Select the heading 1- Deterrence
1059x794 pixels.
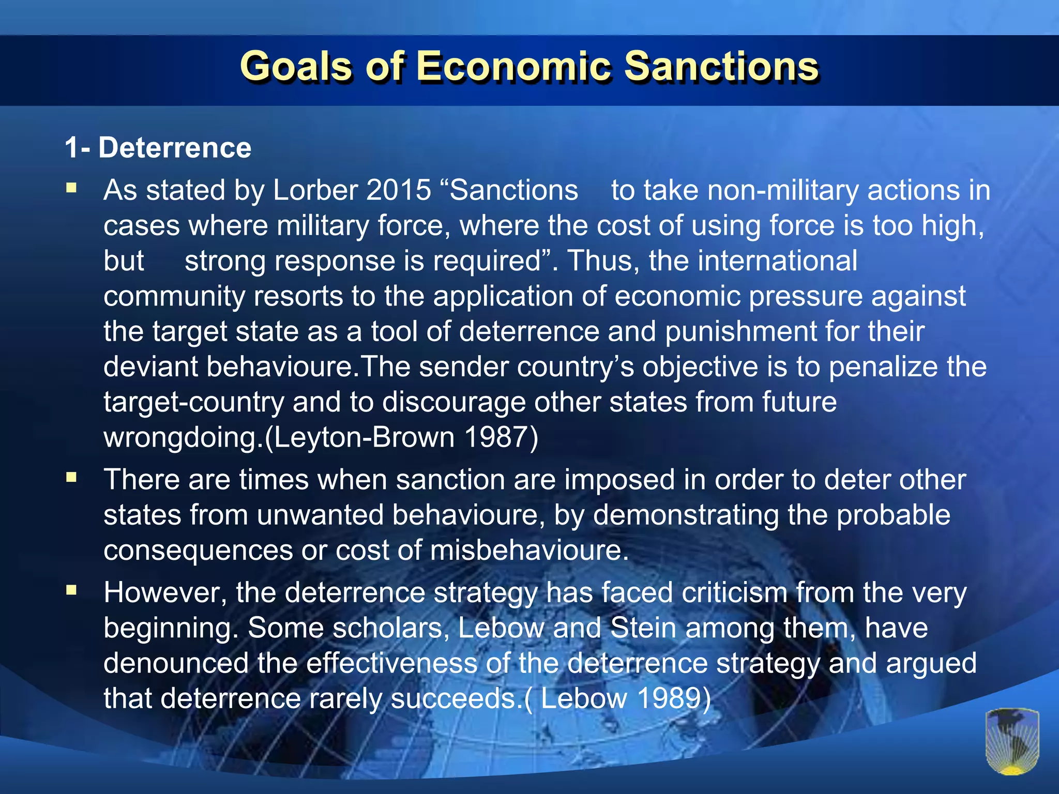[x=158, y=148]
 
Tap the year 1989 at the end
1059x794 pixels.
[x=669, y=698]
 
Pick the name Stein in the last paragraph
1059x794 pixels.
[x=643, y=628]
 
